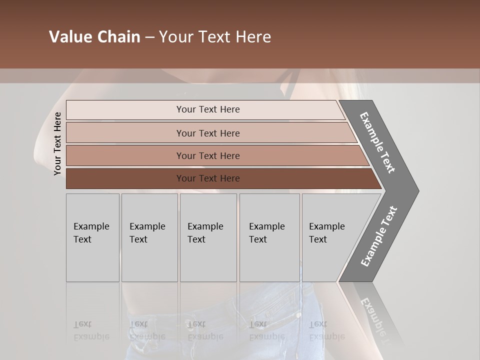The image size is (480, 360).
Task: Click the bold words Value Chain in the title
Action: click(94, 37)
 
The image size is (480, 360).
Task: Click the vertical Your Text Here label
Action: click(57, 143)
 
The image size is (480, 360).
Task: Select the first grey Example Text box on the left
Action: click(92, 237)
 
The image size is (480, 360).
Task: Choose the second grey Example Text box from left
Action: click(149, 237)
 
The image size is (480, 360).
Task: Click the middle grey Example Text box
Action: click(208, 237)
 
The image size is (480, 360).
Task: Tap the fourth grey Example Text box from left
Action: click(269, 237)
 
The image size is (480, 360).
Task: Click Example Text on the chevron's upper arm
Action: click(377, 142)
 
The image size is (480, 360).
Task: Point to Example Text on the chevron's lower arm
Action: click(379, 236)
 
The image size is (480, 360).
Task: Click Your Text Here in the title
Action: click(215, 37)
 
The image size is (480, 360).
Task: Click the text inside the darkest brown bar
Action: click(208, 178)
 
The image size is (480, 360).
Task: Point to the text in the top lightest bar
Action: click(208, 109)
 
